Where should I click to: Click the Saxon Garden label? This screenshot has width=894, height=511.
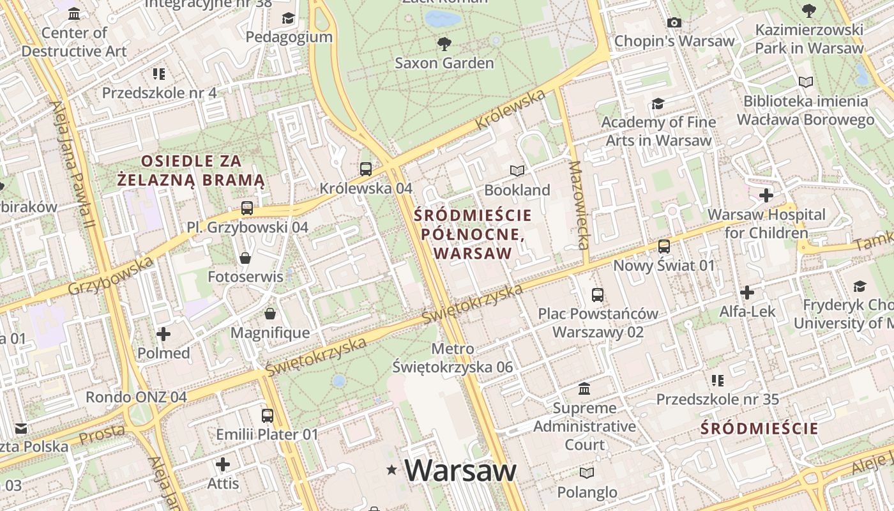point(444,63)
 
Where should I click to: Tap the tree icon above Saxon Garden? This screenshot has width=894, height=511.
point(444,43)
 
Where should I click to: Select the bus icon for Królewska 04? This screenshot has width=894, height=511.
point(365,169)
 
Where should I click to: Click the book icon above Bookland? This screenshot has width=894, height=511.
point(517,171)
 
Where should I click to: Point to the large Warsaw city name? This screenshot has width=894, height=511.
point(460,471)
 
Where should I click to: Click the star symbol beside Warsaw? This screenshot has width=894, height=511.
point(391,471)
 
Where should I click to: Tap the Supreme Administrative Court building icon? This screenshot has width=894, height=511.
point(584,388)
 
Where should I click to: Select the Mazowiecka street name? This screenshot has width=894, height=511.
point(579,205)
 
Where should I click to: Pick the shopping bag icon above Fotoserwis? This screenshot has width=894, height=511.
point(245,258)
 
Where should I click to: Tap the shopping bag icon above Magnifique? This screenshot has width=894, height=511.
point(270,314)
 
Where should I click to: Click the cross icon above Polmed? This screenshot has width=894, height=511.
point(163,333)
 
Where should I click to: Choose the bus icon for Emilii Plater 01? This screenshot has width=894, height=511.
point(267,415)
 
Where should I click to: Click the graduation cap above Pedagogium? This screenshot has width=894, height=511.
point(289,18)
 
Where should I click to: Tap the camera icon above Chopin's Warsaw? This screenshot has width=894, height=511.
point(674,23)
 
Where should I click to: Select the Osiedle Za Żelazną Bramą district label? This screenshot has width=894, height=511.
point(191,171)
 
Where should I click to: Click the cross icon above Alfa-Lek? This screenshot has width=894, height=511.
point(746,293)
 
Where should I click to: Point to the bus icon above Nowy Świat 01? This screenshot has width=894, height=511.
point(664,246)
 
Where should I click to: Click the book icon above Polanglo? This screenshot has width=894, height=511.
point(586,473)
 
